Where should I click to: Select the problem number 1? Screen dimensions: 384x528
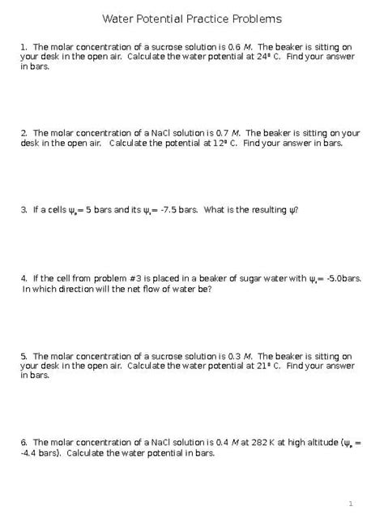point(23,47)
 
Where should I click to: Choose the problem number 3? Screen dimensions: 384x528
point(23,209)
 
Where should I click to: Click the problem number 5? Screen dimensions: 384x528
point(23,356)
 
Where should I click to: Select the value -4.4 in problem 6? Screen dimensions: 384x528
point(28,453)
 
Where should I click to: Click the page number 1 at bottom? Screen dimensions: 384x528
point(351,504)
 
